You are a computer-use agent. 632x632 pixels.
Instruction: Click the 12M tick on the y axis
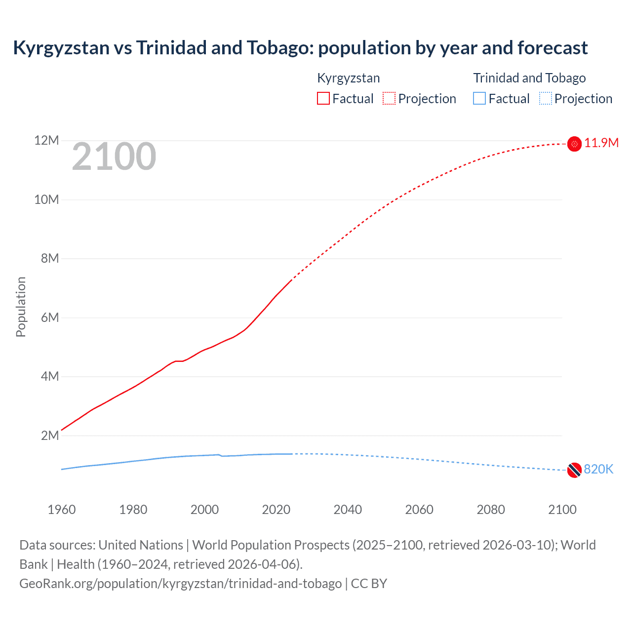(46, 141)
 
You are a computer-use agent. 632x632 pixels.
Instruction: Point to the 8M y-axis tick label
(50, 258)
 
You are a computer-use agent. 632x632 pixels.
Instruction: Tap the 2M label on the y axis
(50, 435)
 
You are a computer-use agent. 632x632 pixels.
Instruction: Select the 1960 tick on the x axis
(62, 510)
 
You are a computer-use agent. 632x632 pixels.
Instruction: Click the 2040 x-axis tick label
(348, 510)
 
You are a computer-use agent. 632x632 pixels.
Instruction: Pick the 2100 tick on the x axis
(562, 510)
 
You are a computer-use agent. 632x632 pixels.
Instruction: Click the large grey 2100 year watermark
(114, 157)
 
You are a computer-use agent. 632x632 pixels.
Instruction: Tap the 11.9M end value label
(601, 143)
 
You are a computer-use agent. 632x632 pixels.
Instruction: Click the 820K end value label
(598, 470)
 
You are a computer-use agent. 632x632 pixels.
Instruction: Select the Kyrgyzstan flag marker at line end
(574, 144)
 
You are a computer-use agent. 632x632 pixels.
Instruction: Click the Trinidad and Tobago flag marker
(574, 470)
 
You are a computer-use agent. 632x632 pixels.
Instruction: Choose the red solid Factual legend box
(323, 99)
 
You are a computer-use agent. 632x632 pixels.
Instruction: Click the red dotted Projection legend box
(389, 99)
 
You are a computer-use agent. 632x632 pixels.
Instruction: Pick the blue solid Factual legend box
(479, 99)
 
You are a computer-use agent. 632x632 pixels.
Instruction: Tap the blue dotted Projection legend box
(546, 99)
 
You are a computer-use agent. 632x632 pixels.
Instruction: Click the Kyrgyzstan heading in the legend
(348, 78)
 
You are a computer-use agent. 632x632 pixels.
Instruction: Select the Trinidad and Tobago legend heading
(529, 78)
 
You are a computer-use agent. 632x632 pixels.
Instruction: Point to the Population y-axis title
(21, 307)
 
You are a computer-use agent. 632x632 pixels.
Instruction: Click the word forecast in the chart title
(553, 48)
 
